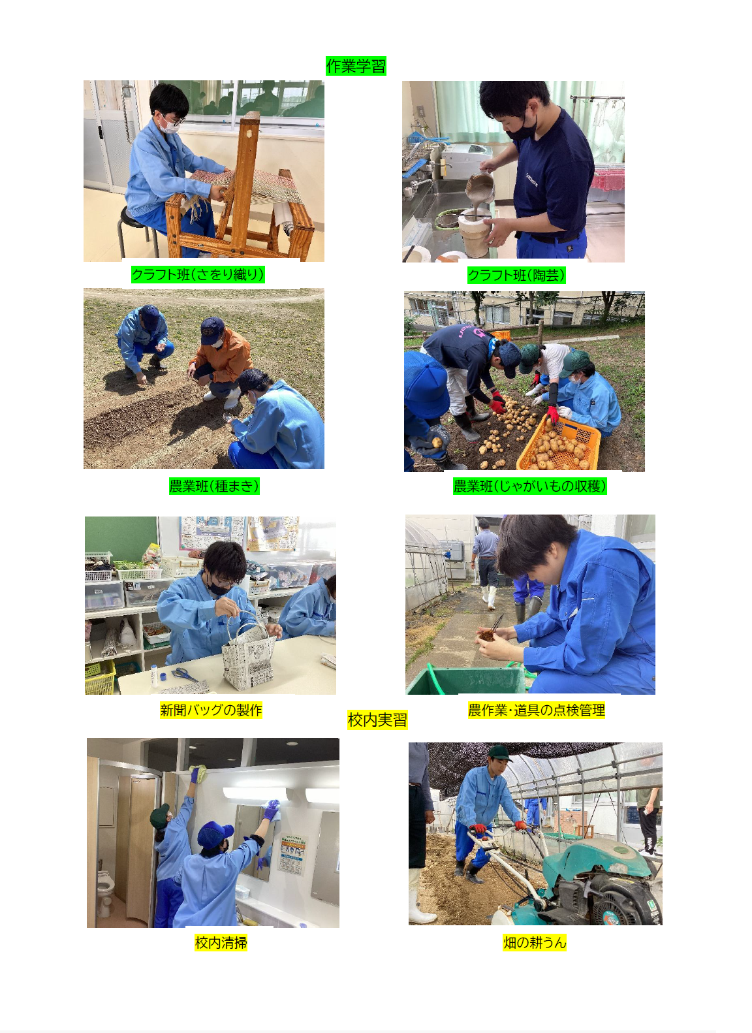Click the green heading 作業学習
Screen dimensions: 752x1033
point(355,66)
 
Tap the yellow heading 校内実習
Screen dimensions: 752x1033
point(377,720)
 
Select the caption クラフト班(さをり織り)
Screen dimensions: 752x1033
point(198,274)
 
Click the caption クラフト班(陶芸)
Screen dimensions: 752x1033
point(516,276)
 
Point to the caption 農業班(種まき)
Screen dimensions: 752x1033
point(214,486)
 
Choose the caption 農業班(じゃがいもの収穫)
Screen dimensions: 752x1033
point(529,486)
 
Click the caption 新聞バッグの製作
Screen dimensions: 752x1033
point(211,710)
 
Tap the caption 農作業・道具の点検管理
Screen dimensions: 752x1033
point(536,710)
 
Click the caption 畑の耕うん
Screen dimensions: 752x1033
point(535,942)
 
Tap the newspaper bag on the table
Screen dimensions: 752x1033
point(249,654)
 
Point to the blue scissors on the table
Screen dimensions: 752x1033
point(185,674)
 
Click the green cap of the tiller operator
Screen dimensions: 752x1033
point(499,754)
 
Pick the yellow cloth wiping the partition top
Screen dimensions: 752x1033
point(199,773)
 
